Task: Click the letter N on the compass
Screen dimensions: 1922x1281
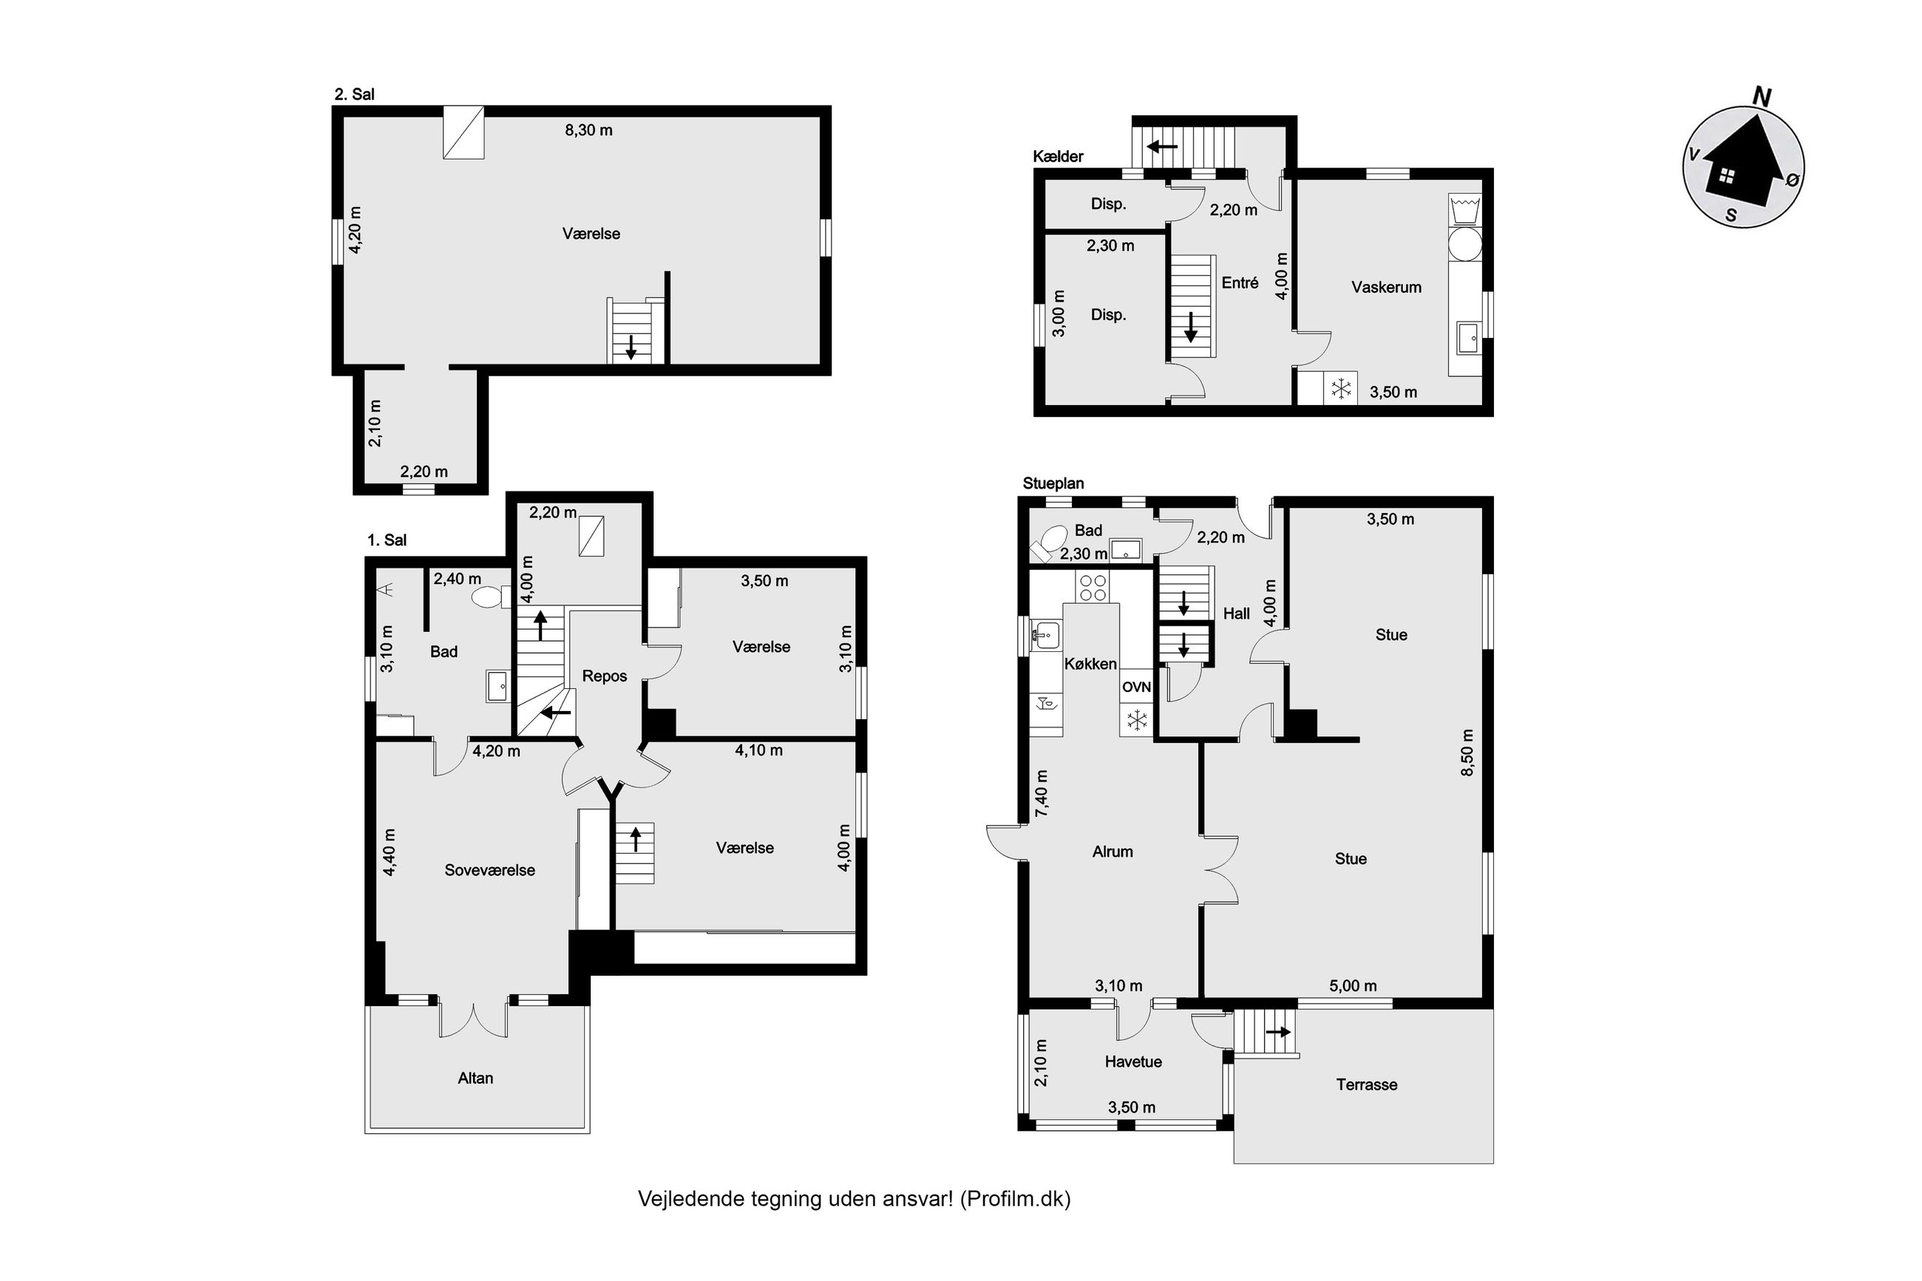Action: (x=1761, y=98)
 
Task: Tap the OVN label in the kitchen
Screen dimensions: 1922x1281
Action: (x=1135, y=687)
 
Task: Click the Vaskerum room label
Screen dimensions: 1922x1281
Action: (x=1385, y=287)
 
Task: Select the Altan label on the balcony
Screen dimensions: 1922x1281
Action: (x=475, y=1078)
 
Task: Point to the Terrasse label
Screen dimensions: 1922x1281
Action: (x=1366, y=1084)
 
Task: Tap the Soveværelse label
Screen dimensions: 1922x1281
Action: (x=489, y=870)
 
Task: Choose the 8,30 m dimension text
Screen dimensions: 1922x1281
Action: (x=588, y=130)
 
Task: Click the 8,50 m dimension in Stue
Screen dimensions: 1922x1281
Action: (x=1467, y=752)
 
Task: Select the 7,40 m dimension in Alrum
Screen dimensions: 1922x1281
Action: (x=1042, y=793)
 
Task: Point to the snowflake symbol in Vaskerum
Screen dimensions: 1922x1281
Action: (x=1340, y=388)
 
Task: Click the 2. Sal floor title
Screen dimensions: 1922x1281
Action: (x=355, y=94)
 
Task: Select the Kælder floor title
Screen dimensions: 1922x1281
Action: (x=1058, y=156)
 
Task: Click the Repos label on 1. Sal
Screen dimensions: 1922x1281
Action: (x=605, y=676)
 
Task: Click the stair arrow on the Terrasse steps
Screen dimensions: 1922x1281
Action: (x=1277, y=1032)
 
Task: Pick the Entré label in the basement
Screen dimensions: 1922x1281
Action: (x=1239, y=282)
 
